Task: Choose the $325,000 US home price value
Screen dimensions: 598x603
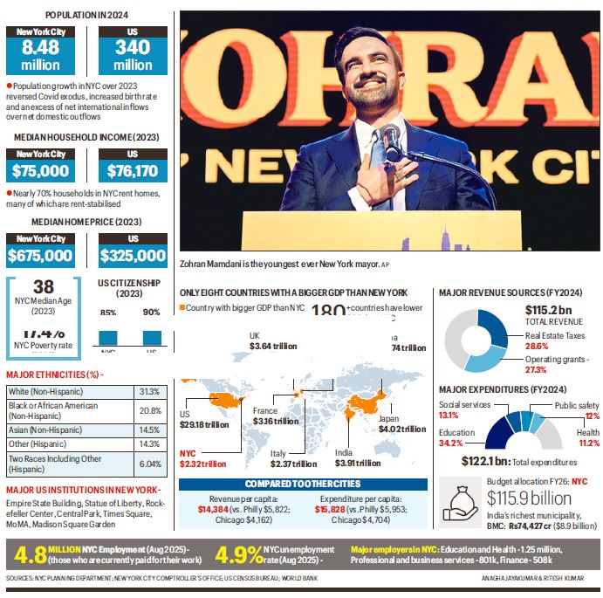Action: point(132,255)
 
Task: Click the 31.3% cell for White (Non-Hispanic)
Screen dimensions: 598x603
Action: point(149,390)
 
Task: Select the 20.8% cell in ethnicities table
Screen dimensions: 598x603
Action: point(149,409)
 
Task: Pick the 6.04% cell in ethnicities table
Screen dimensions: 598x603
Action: point(149,464)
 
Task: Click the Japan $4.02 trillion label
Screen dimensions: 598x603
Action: point(401,423)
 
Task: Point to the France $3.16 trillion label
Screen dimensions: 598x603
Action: point(275,416)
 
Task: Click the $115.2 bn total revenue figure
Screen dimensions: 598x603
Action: point(547,310)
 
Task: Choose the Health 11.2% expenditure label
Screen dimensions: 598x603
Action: point(587,438)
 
